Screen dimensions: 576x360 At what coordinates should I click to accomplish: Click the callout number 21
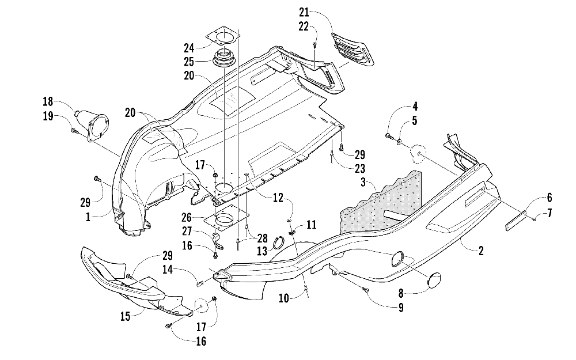tap(304, 13)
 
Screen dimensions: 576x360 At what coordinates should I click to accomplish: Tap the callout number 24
tap(189, 48)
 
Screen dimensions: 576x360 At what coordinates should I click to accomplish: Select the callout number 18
tap(48, 101)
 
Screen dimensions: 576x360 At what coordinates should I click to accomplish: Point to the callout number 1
tap(88, 217)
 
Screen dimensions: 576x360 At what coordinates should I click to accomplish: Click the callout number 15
tap(126, 316)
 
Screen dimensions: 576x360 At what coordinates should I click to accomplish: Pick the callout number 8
tap(401, 293)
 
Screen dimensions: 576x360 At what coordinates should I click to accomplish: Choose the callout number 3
tap(363, 182)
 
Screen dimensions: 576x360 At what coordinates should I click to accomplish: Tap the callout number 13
tap(262, 251)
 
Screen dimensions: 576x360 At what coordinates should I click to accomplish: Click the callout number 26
tap(187, 218)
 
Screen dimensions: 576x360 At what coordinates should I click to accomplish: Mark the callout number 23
tap(360, 169)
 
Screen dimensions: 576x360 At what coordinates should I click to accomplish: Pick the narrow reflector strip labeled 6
tap(516, 219)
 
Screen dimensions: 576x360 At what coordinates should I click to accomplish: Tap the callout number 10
tap(284, 298)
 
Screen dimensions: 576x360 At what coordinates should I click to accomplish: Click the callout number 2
tap(481, 251)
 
